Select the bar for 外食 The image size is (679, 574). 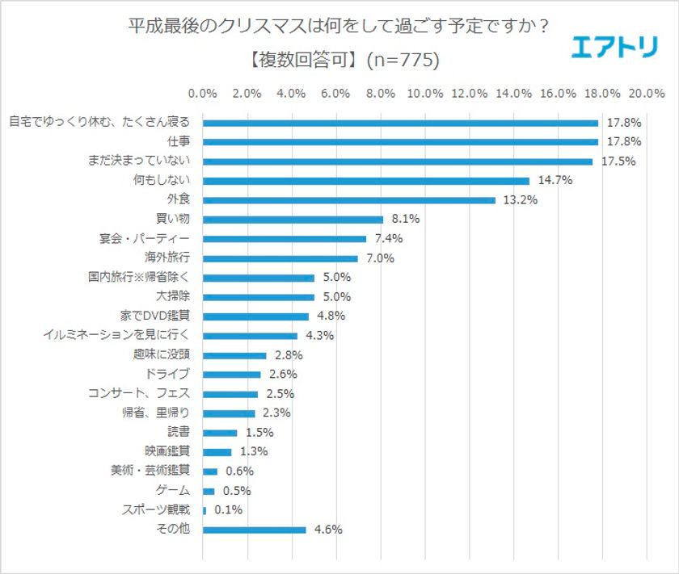pyautogui.click(x=348, y=200)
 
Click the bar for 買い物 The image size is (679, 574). pyautogui.click(x=293, y=220)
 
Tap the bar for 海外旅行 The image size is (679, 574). pyautogui.click(x=280, y=258)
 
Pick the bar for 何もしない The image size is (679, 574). pyautogui.click(x=365, y=181)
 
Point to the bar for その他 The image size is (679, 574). pyautogui.click(x=254, y=530)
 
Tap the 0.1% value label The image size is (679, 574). pyautogui.click(x=227, y=510)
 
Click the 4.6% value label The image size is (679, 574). pyautogui.click(x=327, y=530)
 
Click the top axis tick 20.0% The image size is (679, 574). pyautogui.click(x=646, y=94)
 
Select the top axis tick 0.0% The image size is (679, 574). pyautogui.click(x=202, y=94)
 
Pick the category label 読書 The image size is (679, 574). pyautogui.click(x=177, y=433)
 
